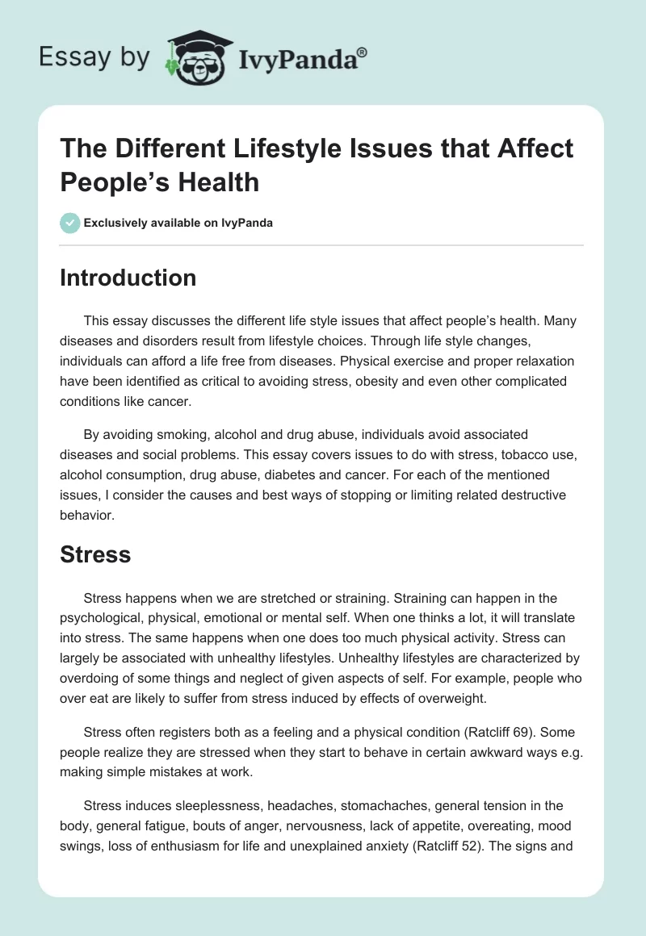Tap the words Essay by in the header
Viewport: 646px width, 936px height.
[x=94, y=57]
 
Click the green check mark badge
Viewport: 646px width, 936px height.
[x=70, y=223]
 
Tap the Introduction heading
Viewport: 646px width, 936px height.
[x=128, y=278]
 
